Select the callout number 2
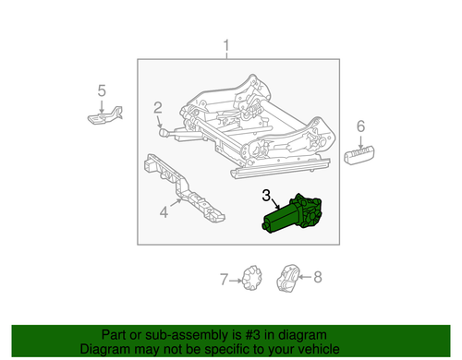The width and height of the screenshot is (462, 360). [x=158, y=107]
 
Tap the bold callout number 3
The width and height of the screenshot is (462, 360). [x=266, y=195]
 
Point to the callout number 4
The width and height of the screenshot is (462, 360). [x=164, y=211]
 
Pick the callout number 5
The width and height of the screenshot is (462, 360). [x=102, y=90]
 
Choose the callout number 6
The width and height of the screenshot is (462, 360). [x=360, y=126]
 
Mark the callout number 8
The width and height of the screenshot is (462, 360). [x=318, y=277]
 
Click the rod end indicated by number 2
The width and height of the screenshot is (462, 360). [x=164, y=132]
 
